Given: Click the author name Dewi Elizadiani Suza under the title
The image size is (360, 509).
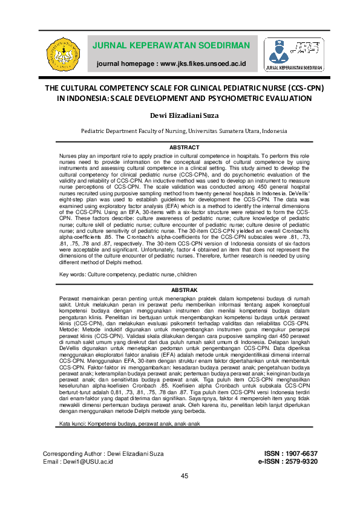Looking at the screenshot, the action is (x=180, y=115).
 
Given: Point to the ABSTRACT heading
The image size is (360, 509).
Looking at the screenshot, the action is (x=180, y=148).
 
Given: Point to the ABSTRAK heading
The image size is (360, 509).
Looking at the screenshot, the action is (x=180, y=290).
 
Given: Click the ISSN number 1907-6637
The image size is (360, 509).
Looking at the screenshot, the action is (x=300, y=453).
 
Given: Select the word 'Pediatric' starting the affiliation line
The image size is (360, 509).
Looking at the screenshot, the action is (x=94, y=131).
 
